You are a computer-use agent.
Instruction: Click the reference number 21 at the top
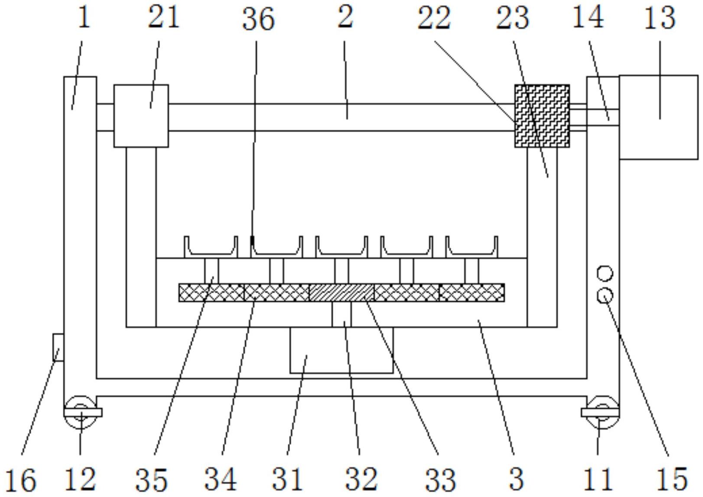coord(163,18)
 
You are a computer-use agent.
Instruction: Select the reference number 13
coord(659,18)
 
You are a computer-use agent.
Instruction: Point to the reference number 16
coord(21,480)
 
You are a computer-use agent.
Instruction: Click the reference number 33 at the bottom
coord(440,480)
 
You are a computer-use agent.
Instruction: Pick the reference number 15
coord(672,479)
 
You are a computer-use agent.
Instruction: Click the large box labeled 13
coord(659,117)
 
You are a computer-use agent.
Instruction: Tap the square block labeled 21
coord(141,116)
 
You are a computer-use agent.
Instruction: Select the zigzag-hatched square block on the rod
coord(542,116)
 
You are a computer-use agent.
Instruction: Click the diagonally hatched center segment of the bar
coord(342,293)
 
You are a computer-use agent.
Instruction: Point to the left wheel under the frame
coord(81,412)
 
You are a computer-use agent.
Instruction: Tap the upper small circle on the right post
coord(605,274)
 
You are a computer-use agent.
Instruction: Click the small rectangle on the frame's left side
coord(58,348)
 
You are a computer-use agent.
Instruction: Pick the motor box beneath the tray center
coord(342,350)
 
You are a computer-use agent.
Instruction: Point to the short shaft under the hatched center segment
coord(342,314)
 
